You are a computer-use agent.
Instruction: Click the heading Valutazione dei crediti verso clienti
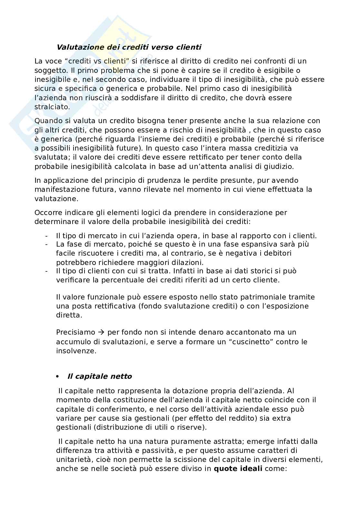(x=129, y=47)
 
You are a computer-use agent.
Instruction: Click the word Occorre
(x=47, y=212)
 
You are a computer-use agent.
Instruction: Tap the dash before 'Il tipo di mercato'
(x=47, y=236)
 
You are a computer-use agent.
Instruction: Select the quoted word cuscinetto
(x=251, y=342)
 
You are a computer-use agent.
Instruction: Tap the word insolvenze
(x=76, y=351)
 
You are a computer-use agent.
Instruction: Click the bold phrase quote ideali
(x=238, y=469)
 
